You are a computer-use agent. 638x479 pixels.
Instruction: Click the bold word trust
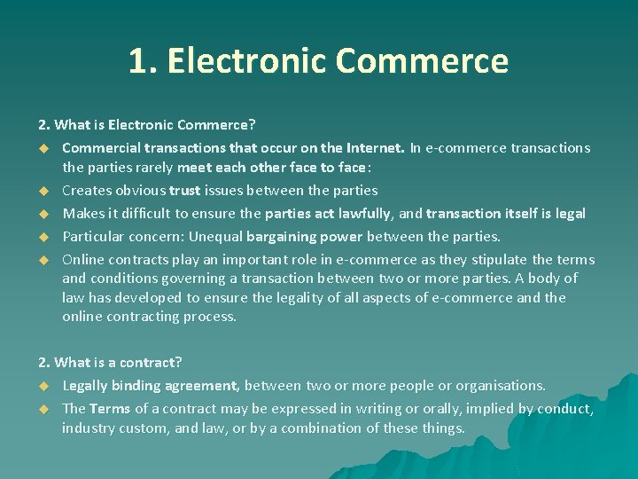tap(185, 190)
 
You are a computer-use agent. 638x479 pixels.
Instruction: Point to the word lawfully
tap(360, 213)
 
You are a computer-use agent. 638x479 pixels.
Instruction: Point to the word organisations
tap(502, 385)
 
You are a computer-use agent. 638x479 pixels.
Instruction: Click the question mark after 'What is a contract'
tap(178, 362)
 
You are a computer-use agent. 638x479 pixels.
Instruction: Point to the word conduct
tap(564, 408)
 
